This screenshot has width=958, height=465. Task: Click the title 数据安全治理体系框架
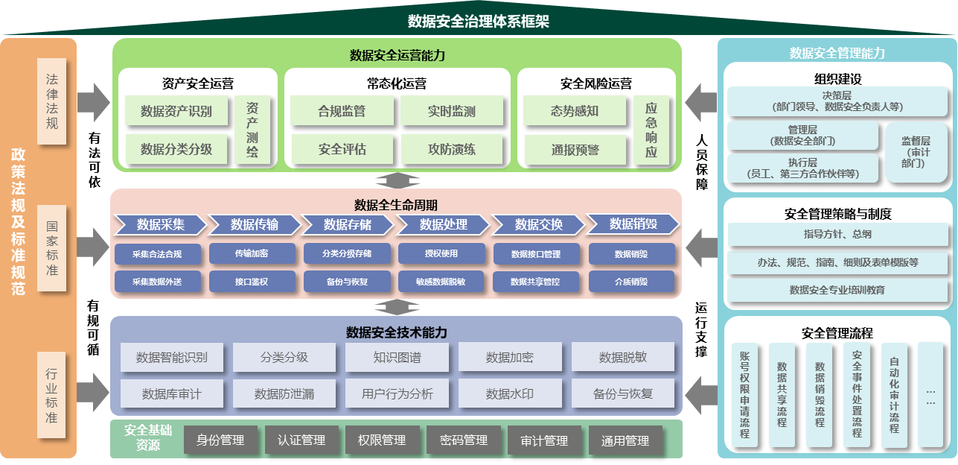pyautogui.click(x=479, y=21)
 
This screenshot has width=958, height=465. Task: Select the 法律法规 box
pyautogui.click(x=52, y=101)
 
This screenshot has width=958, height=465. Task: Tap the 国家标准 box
pyautogui.click(x=52, y=248)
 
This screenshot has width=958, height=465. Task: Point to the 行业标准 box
pyautogui.click(x=52, y=395)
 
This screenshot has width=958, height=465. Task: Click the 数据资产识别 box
pyautogui.click(x=176, y=112)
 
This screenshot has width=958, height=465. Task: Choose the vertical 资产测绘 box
pyautogui.click(x=253, y=130)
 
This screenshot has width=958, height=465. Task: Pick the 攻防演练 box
pyautogui.click(x=452, y=149)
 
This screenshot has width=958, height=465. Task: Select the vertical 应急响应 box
pyautogui.click(x=651, y=130)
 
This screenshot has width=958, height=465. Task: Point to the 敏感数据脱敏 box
pyautogui.click(x=445, y=282)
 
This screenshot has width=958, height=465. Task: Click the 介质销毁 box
pyautogui.click(x=631, y=282)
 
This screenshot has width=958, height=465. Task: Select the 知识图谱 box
pyautogui.click(x=397, y=357)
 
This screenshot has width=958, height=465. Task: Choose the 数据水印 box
pyautogui.click(x=510, y=393)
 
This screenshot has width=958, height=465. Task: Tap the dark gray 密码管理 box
pyautogui.click(x=464, y=440)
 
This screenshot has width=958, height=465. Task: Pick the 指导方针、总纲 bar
pyautogui.click(x=837, y=235)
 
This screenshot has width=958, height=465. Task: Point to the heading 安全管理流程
pyautogui.click(x=837, y=333)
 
